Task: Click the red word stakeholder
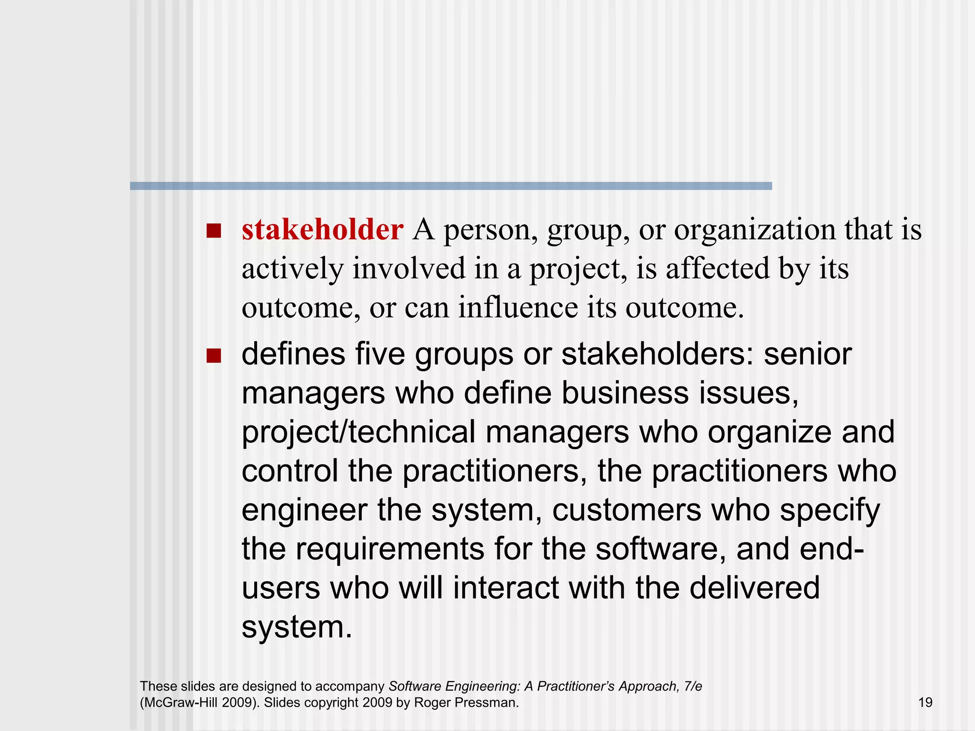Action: (x=322, y=230)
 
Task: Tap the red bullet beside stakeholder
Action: (x=214, y=231)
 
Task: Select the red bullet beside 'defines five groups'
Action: (x=214, y=356)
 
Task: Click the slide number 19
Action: (x=925, y=702)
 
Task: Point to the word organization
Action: (x=755, y=230)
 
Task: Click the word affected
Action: (x=717, y=269)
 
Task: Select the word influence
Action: (x=517, y=308)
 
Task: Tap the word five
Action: (x=379, y=355)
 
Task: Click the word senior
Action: (x=807, y=355)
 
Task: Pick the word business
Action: (x=625, y=394)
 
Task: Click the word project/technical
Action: (x=358, y=433)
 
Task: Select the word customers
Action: (x=627, y=511)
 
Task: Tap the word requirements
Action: (x=389, y=550)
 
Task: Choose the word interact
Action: (x=506, y=589)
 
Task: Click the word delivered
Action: (x=755, y=589)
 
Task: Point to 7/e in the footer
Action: (x=692, y=686)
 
